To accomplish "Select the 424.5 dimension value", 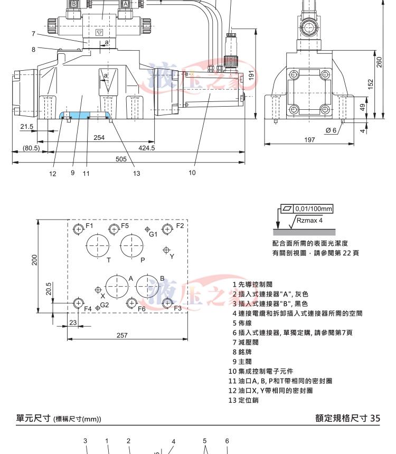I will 147,148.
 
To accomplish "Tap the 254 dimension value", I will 99,138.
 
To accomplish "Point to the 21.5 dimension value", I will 26,127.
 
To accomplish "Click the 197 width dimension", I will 309,139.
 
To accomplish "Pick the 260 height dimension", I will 379,62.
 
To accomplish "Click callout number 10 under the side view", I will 192,172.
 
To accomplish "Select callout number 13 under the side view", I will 136,173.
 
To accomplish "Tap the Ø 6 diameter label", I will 331,130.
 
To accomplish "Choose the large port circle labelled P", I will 132,245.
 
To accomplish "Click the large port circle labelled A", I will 117,286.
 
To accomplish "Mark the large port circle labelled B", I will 148,286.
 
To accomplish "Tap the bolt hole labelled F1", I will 78,229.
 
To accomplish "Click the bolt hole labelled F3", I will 167,303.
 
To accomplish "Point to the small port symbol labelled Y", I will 167,250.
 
